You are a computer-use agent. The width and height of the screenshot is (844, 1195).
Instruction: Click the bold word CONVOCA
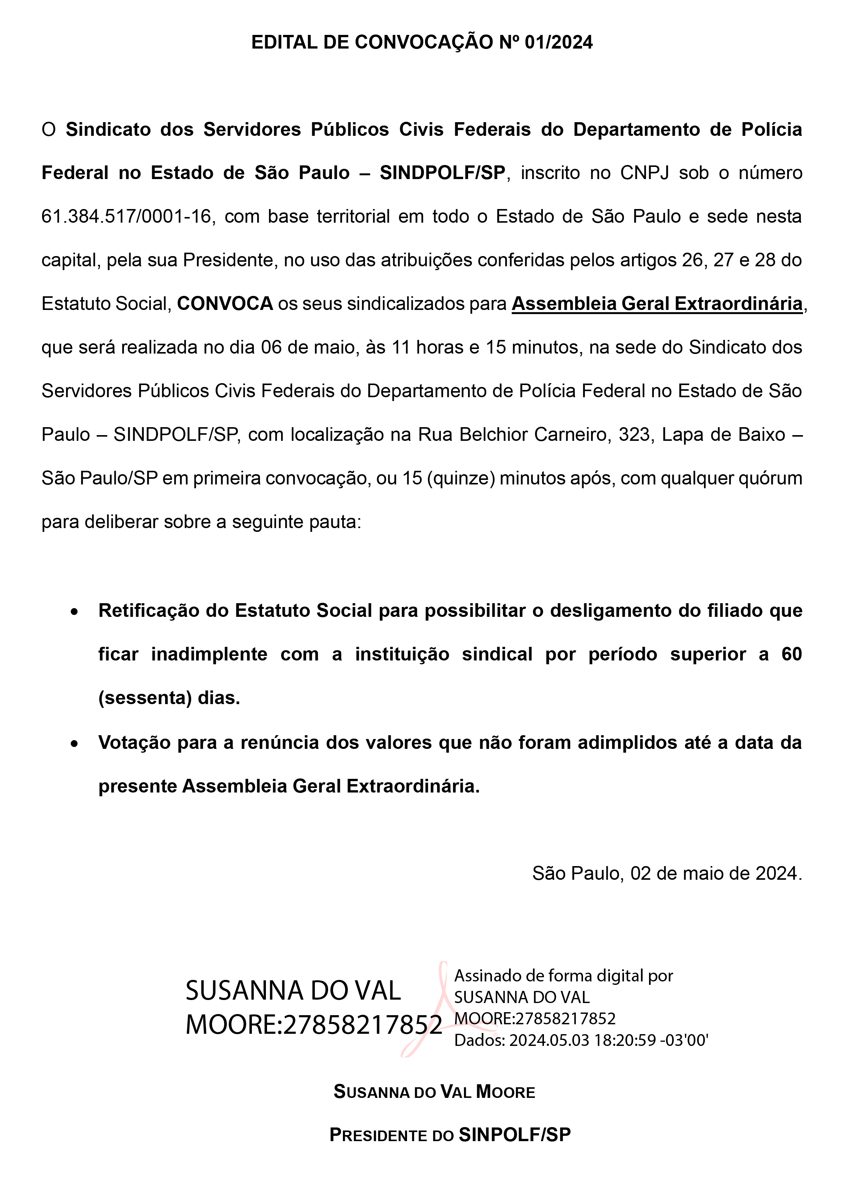(x=225, y=303)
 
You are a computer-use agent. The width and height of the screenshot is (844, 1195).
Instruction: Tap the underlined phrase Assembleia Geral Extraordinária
(x=657, y=303)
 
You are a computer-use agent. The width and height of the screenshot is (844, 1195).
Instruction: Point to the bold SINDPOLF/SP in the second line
(x=442, y=173)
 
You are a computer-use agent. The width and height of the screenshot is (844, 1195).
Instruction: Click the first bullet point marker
(x=75, y=612)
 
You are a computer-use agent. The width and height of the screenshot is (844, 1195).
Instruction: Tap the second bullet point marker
(x=75, y=744)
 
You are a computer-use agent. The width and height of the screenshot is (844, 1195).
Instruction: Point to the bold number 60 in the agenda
(x=791, y=654)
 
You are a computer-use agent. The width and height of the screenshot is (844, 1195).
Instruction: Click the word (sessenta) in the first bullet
(x=146, y=698)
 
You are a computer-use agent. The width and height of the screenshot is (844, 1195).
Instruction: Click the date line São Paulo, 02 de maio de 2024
(x=666, y=873)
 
